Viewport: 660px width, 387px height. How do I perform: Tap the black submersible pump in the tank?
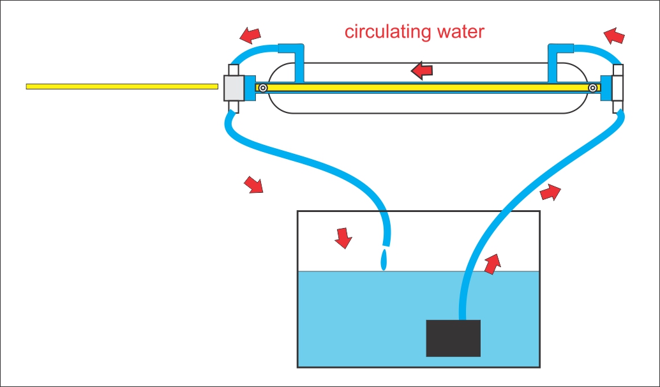coord(453,338)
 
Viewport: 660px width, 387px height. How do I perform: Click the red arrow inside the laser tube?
coord(422,70)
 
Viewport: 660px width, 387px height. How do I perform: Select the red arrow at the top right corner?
coord(614,35)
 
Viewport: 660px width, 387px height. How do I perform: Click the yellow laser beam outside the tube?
coord(121,86)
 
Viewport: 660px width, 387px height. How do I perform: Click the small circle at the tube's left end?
coord(262,87)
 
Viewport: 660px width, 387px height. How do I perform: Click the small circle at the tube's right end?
coord(593,87)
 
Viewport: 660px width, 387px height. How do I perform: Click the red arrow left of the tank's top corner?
coord(253,185)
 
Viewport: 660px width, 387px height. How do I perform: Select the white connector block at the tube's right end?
coord(617,87)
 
